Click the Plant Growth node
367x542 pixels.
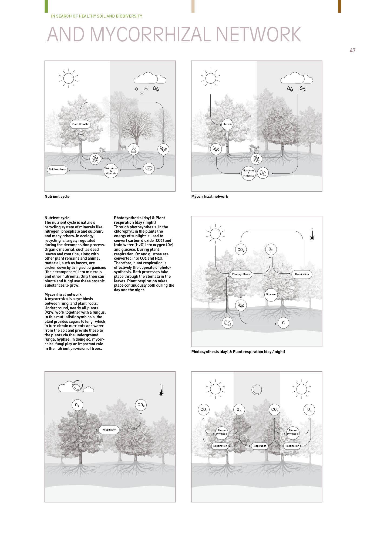(x=80, y=124)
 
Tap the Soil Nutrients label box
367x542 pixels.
(x=57, y=170)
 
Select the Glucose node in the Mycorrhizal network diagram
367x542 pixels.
(x=227, y=124)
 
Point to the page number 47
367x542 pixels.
(x=352, y=50)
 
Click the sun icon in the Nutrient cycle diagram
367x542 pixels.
(x=69, y=78)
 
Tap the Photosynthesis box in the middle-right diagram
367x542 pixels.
(x=241, y=274)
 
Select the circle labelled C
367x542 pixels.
(x=283, y=323)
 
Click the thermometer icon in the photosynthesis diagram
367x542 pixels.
(x=312, y=234)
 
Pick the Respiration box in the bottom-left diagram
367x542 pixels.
(x=109, y=430)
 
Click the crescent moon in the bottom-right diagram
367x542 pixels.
(x=257, y=389)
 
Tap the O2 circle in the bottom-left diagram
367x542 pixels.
(x=77, y=405)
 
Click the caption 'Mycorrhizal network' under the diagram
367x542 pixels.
(x=210, y=197)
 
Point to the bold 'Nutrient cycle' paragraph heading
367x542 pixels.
(x=57, y=218)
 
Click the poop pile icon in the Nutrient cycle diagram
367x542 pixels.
(x=133, y=149)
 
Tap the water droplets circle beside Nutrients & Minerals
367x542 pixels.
(x=263, y=173)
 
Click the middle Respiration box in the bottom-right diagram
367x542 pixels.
(x=259, y=446)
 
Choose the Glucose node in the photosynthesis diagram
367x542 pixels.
(x=271, y=294)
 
